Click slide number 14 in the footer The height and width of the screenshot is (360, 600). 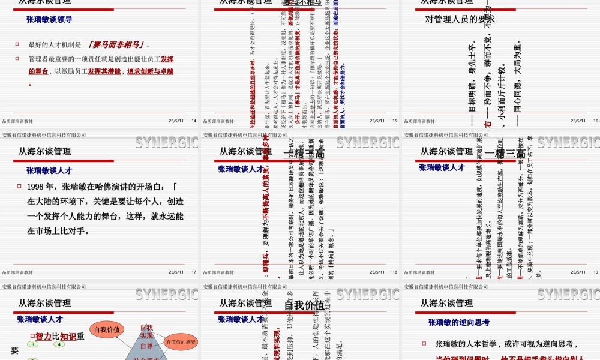(193, 121)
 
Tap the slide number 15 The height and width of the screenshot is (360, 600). (395, 121)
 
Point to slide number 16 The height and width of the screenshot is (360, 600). (595, 121)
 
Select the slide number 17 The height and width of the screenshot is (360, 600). (193, 272)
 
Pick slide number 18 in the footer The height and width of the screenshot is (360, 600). (395, 272)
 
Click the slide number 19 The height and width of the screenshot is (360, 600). (595, 272)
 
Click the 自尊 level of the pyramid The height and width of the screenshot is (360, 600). (146, 346)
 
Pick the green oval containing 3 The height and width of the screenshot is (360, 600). (34, 344)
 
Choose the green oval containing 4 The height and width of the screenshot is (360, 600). (59, 344)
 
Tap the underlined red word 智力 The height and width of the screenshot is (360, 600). (43, 336)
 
